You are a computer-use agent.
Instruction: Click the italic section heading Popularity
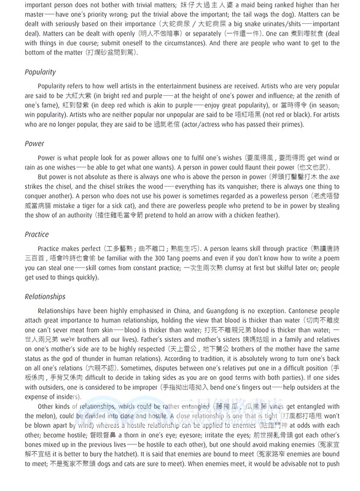(x=41, y=72)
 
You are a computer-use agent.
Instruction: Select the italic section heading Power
(x=34, y=144)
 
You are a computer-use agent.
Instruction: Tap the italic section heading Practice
(x=37, y=234)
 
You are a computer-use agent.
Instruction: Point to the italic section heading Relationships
(x=45, y=296)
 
